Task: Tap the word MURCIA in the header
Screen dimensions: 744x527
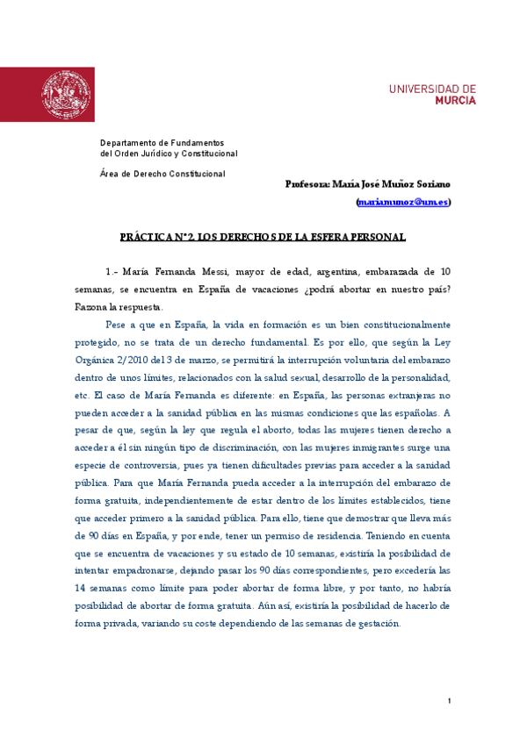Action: click(456, 101)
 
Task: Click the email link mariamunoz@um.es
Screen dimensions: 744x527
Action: click(404, 202)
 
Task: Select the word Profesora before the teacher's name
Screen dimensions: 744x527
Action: click(307, 184)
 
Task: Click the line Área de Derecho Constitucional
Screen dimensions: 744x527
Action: click(162, 174)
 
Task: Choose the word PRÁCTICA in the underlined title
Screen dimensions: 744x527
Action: click(143, 237)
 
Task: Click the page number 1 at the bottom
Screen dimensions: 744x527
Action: click(448, 701)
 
